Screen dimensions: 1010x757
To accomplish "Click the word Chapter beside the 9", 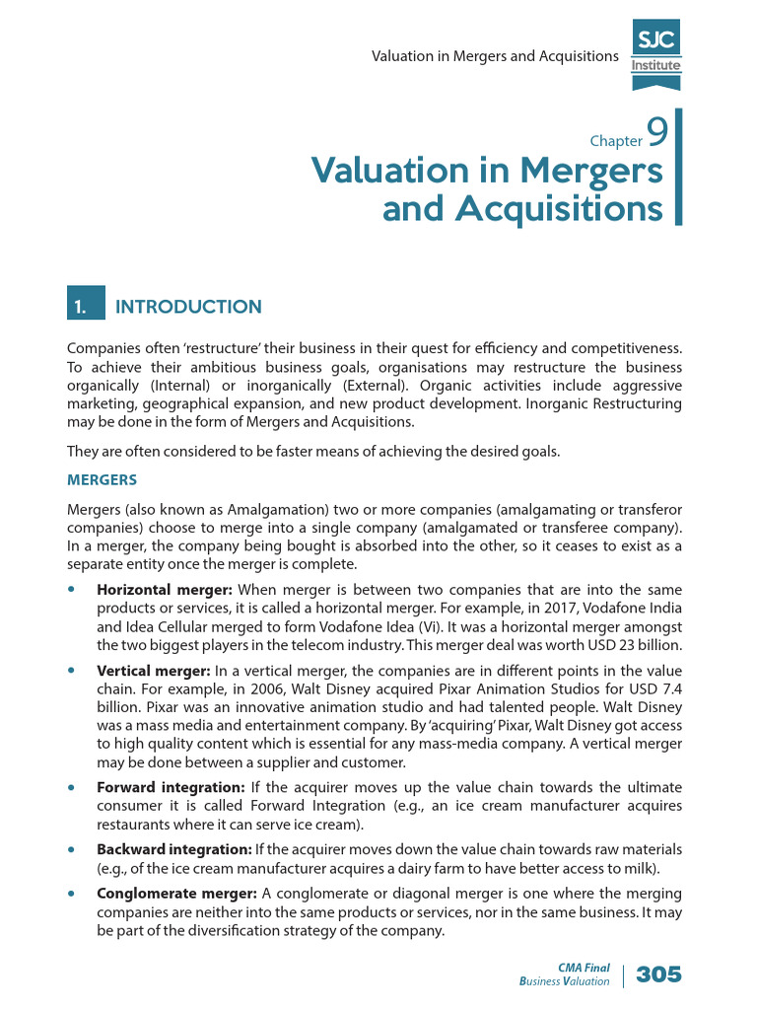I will pos(616,141).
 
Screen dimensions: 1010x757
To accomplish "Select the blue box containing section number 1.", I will pos(84,307).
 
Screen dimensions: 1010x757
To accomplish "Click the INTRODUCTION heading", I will pos(188,307).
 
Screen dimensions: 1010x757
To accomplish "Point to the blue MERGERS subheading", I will pos(101,480).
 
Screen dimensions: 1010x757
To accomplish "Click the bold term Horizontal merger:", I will pos(164,589).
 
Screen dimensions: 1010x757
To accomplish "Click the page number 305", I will pos(658,974).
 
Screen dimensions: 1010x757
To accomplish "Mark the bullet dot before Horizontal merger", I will pos(71,589).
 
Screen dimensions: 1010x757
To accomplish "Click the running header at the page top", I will pos(494,56).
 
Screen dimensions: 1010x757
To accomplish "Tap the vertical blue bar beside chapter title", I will pos(678,168).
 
